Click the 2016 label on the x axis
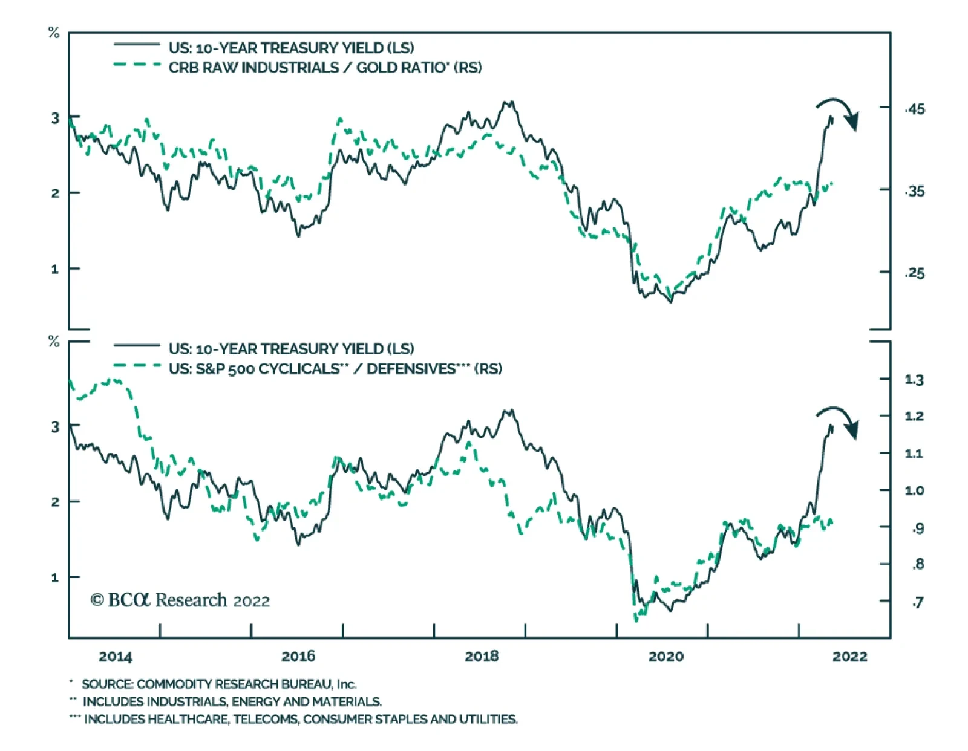pos(298,656)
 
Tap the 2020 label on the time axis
pos(665,656)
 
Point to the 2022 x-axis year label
pos(849,656)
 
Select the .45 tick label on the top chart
pos(915,109)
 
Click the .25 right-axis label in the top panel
pos(915,273)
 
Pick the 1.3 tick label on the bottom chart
pos(914,380)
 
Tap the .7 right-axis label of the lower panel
pos(917,602)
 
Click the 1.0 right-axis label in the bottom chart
pos(914,490)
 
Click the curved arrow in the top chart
pos(839,112)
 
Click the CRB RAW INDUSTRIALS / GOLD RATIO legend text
pos(325,68)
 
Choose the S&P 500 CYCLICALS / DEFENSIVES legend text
pos(335,369)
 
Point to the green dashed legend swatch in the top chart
pos(137,64)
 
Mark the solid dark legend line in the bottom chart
pos(137,346)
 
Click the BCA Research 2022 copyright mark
pos(180,600)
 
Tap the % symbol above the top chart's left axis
pos(54,33)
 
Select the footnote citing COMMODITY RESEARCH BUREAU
pos(218,684)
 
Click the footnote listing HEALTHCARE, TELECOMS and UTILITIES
pos(300,719)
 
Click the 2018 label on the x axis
pos(482,656)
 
